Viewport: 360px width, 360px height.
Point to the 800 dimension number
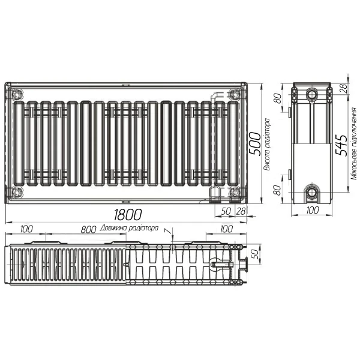click(88, 229)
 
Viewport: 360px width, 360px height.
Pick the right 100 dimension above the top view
click(226, 229)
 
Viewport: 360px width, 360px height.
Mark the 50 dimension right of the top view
click(254, 254)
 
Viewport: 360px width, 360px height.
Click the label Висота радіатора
click(266, 144)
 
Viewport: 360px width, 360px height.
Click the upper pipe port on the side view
click(312, 95)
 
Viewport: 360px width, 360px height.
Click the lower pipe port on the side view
click(312, 193)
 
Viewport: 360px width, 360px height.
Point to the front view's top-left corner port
click(16, 93)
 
